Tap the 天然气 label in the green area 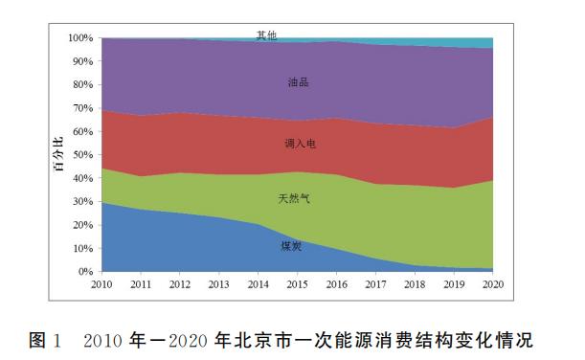[x=294, y=199]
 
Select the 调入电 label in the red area [x=300, y=144]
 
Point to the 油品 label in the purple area [x=299, y=82]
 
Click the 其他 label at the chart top [x=267, y=35]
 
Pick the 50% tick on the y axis [x=82, y=155]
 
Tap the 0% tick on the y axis [x=85, y=272]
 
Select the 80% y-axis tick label [x=82, y=85]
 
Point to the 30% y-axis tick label [x=82, y=202]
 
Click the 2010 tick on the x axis [x=101, y=285]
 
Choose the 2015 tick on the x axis [x=298, y=285]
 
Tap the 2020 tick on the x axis [x=493, y=285]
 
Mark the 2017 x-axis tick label [x=376, y=285]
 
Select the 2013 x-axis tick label [x=219, y=285]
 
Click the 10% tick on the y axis [x=82, y=249]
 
